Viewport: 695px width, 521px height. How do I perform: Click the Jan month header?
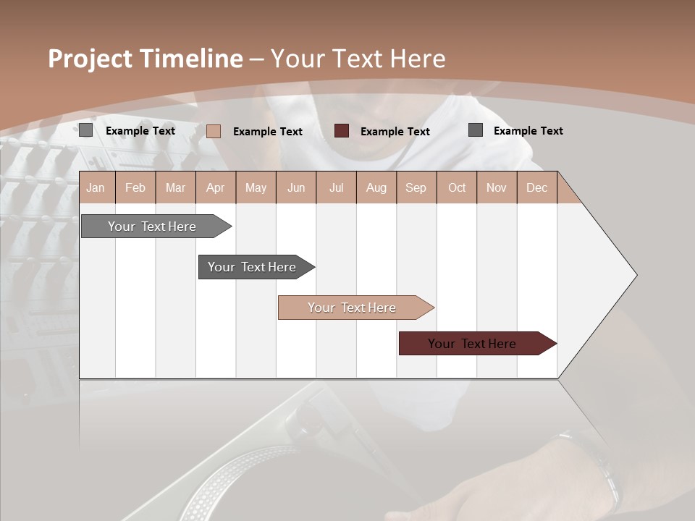(x=96, y=187)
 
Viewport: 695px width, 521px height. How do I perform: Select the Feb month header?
(x=135, y=187)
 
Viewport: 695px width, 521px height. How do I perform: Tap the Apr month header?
(x=215, y=187)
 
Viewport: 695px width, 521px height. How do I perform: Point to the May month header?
(x=256, y=187)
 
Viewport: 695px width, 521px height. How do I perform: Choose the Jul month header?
(x=336, y=187)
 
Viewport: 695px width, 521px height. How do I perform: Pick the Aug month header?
(x=376, y=187)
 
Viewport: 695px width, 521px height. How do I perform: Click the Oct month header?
(x=457, y=187)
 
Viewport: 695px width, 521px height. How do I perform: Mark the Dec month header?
(x=536, y=187)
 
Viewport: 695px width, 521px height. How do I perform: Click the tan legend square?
(x=214, y=131)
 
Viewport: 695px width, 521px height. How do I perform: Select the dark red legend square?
(x=342, y=131)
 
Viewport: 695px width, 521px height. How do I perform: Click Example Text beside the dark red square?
(x=395, y=132)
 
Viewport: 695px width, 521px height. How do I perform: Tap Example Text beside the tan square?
(x=267, y=132)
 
